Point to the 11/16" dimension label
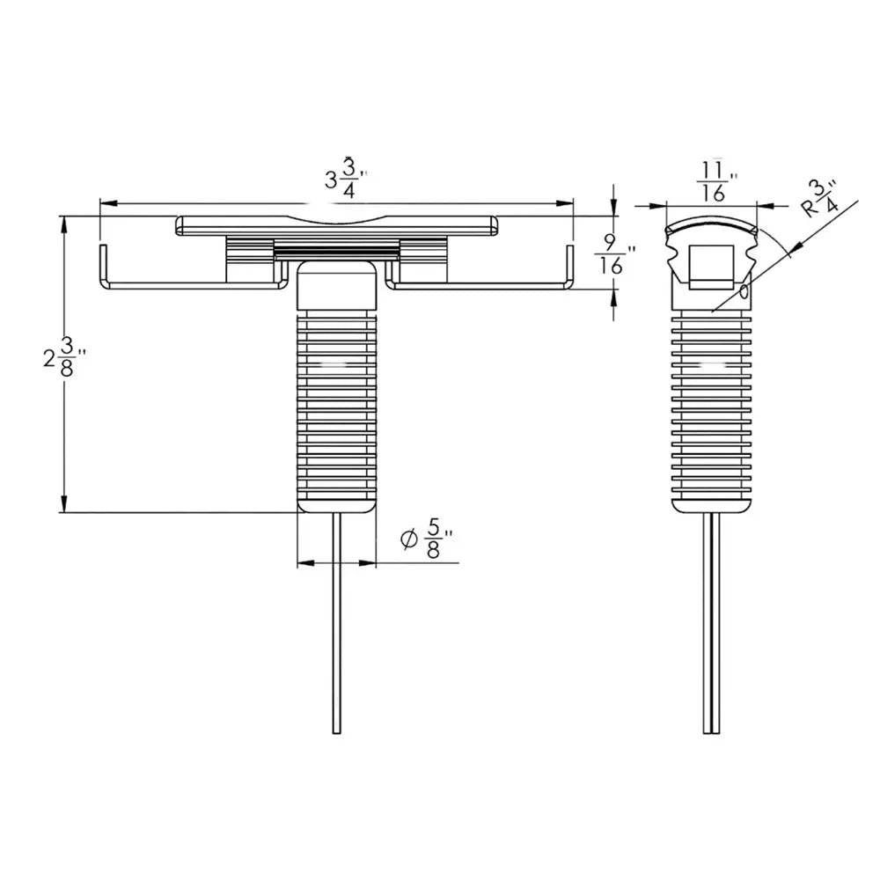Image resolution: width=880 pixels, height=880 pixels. click(715, 181)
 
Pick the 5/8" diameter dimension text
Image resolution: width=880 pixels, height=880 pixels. click(433, 539)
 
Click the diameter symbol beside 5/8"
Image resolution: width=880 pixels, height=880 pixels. click(407, 539)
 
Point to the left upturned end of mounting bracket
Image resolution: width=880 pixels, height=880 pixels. click(102, 264)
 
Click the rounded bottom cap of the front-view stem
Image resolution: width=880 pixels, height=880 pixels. click(335, 504)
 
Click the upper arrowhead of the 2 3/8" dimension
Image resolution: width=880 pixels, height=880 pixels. click(62, 224)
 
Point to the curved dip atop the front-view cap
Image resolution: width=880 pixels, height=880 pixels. click(337, 219)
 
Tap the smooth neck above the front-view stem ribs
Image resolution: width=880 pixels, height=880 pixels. click(335, 286)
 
